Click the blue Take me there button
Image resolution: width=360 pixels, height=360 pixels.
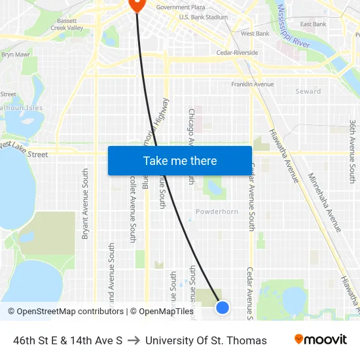click(x=180, y=160)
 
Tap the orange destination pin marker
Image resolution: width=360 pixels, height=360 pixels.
click(x=137, y=4)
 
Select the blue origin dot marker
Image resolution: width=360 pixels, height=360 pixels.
click(x=223, y=307)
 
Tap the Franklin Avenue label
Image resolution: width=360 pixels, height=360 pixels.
click(x=252, y=84)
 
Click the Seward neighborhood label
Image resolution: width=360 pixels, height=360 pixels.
click(x=308, y=92)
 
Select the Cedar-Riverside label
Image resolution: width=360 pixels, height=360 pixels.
click(x=237, y=53)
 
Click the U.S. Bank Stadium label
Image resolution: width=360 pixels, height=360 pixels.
click(x=203, y=17)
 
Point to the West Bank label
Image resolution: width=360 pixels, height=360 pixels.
click(x=255, y=33)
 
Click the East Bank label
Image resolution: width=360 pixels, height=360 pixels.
click(x=313, y=24)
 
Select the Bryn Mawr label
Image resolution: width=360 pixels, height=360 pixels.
click(x=16, y=55)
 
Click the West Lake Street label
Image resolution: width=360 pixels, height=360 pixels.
click(x=25, y=149)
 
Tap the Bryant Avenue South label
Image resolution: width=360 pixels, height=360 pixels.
click(x=85, y=203)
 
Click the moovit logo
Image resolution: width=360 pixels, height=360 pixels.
click(x=320, y=340)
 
